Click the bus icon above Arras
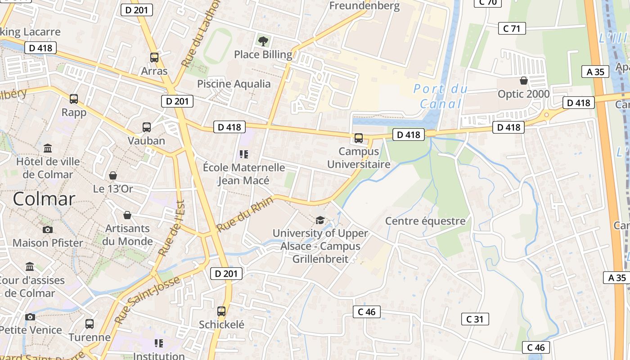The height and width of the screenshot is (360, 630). tap(154, 57)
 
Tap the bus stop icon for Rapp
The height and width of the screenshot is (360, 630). tap(74, 99)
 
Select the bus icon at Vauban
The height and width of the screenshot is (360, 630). tap(147, 127)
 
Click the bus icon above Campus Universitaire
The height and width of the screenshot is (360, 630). tap(359, 138)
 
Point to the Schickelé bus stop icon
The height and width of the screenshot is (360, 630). tap(221, 311)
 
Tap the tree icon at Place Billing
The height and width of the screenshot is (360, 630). tap(263, 41)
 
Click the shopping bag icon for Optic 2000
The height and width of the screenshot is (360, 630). tap(524, 81)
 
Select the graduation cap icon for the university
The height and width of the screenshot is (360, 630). tap(320, 220)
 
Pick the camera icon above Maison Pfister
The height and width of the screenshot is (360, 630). tap(48, 229)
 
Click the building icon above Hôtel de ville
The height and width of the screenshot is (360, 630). tap(48, 148)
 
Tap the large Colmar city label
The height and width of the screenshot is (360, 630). tap(44, 199)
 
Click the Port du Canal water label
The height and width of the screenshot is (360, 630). tap(441, 96)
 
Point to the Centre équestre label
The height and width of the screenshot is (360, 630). tap(425, 221)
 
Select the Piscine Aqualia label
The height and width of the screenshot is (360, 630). tap(234, 84)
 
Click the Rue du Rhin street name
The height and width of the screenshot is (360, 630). tap(245, 215)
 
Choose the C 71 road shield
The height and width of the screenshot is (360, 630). tap(512, 29)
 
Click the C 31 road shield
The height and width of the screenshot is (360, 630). tap(475, 319)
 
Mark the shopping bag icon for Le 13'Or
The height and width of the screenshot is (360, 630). tap(113, 175)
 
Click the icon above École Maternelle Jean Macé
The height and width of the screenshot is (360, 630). tap(244, 154)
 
